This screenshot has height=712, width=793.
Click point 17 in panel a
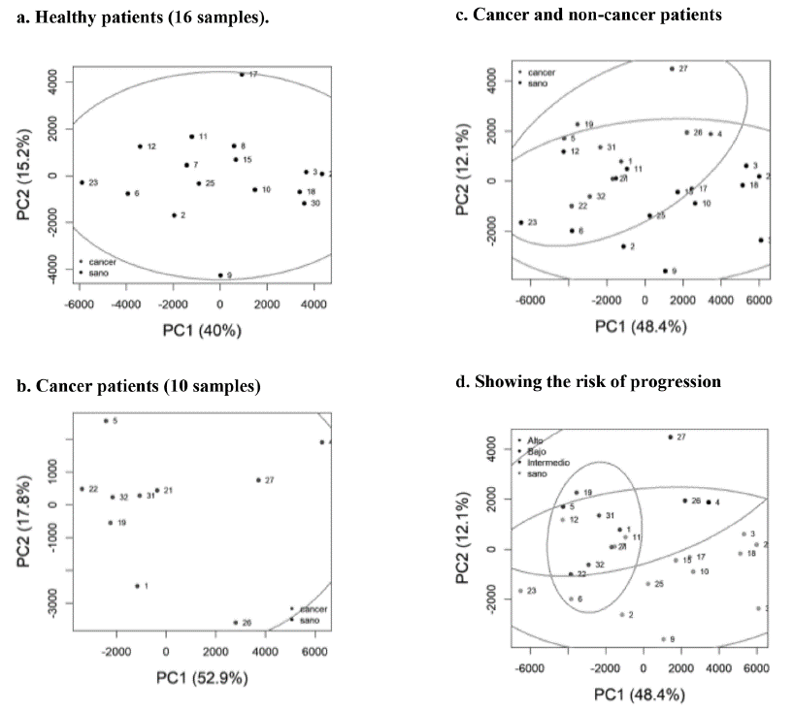click(x=242, y=74)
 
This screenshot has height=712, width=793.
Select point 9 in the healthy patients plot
click(x=220, y=275)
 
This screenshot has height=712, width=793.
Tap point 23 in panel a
click(x=82, y=182)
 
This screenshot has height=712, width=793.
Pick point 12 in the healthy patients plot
click(x=140, y=146)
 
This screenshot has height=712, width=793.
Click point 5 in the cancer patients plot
click(x=106, y=421)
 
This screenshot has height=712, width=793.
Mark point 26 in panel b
click(x=235, y=623)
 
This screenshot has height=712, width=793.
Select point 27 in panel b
click(x=258, y=480)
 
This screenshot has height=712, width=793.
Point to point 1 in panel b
click(x=137, y=586)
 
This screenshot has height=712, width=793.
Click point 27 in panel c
click(x=671, y=69)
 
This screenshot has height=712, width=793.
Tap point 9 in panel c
click(x=664, y=271)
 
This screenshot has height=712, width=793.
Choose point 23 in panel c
click(x=521, y=222)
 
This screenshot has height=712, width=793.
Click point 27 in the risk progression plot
click(x=670, y=437)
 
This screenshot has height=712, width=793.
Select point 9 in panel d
click(x=664, y=639)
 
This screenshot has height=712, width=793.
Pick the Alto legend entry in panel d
click(x=536, y=441)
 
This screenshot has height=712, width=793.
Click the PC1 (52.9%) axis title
click(x=202, y=677)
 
